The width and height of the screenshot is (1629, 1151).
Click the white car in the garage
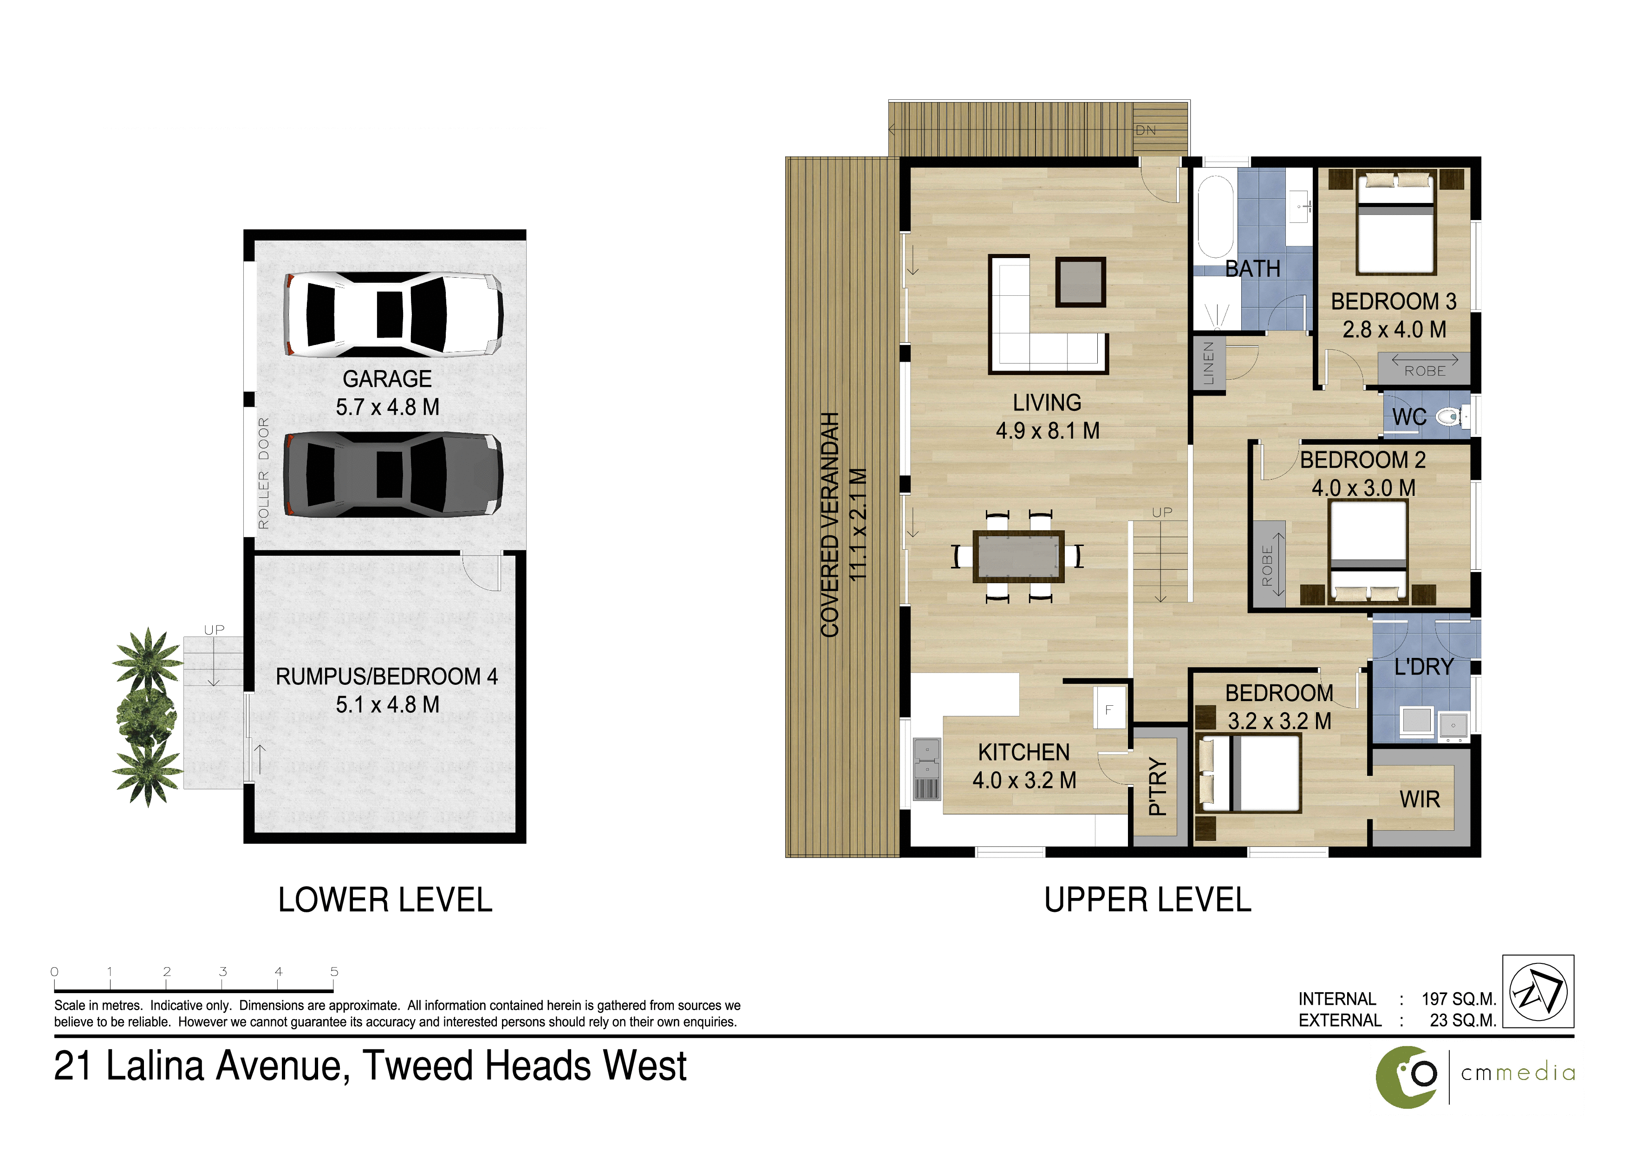(394, 315)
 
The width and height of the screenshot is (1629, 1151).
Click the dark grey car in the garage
(394, 475)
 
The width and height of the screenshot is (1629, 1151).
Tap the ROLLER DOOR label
(264, 473)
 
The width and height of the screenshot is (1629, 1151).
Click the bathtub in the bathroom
(1215, 217)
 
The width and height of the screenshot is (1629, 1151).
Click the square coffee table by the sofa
(1081, 281)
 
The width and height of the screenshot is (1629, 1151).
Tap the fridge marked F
(1109, 707)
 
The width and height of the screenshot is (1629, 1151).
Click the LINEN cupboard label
(1209, 363)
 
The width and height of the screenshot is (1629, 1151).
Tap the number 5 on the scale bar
(334, 972)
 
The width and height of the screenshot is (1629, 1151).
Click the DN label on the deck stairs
(1146, 130)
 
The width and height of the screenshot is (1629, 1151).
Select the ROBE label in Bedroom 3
(1425, 371)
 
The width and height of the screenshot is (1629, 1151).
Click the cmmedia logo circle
(1407, 1077)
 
